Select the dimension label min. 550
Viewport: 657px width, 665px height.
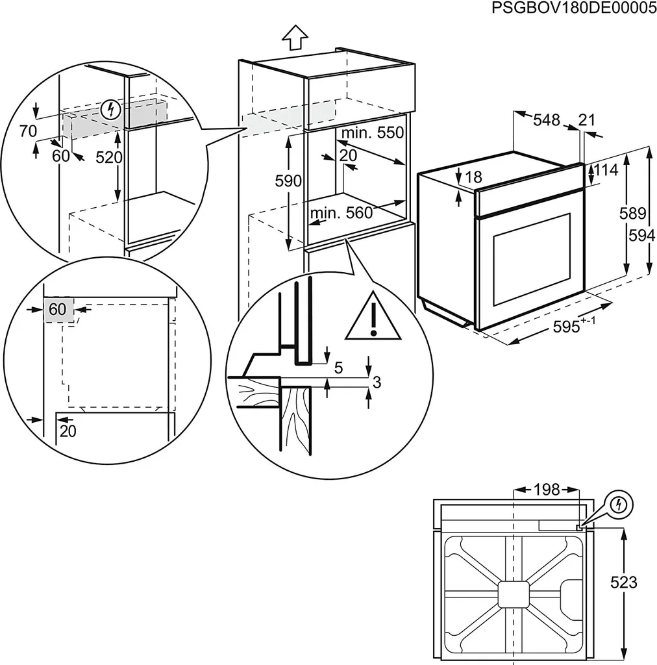373,133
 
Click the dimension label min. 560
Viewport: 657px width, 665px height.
341,213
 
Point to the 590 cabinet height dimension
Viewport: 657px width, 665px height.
289,181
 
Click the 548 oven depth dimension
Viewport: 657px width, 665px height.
546,119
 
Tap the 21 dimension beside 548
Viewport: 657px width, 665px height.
587,119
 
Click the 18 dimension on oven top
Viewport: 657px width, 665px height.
474,177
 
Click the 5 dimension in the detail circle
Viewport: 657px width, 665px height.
338,368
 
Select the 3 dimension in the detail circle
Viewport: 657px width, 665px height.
376,383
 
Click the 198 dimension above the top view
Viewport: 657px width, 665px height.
546,490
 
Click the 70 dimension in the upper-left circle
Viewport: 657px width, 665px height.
28,131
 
